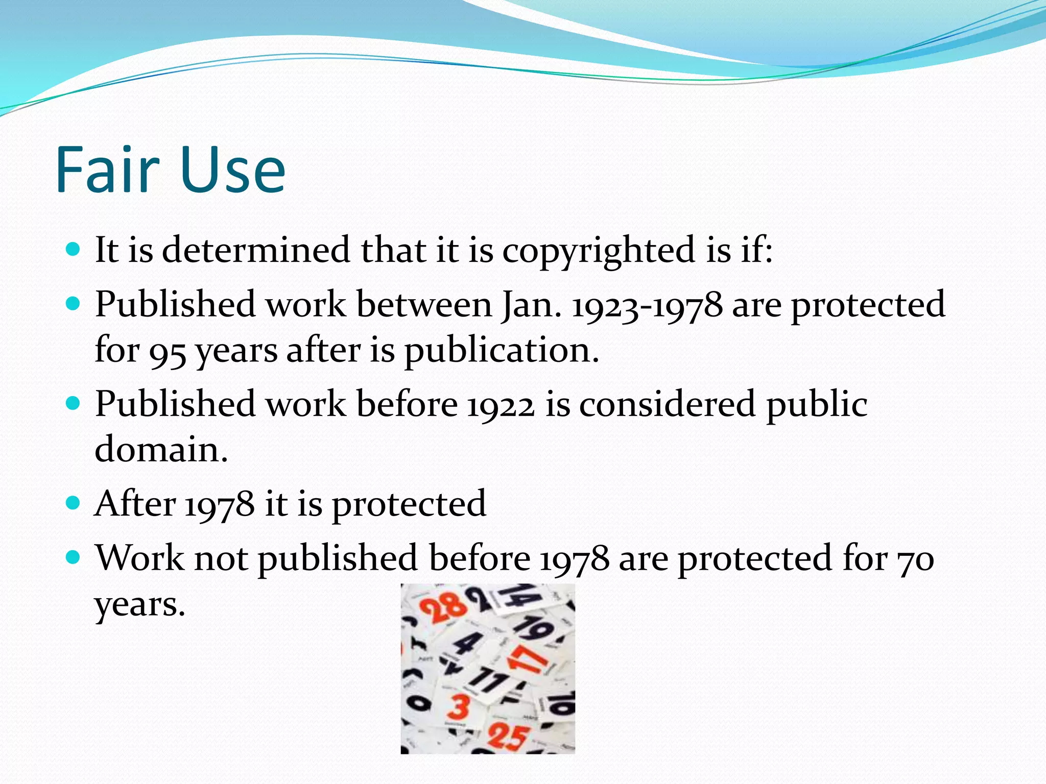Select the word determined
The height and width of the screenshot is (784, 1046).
click(256, 250)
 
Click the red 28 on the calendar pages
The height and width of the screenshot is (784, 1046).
click(443, 608)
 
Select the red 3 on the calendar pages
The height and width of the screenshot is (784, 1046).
click(458, 707)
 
